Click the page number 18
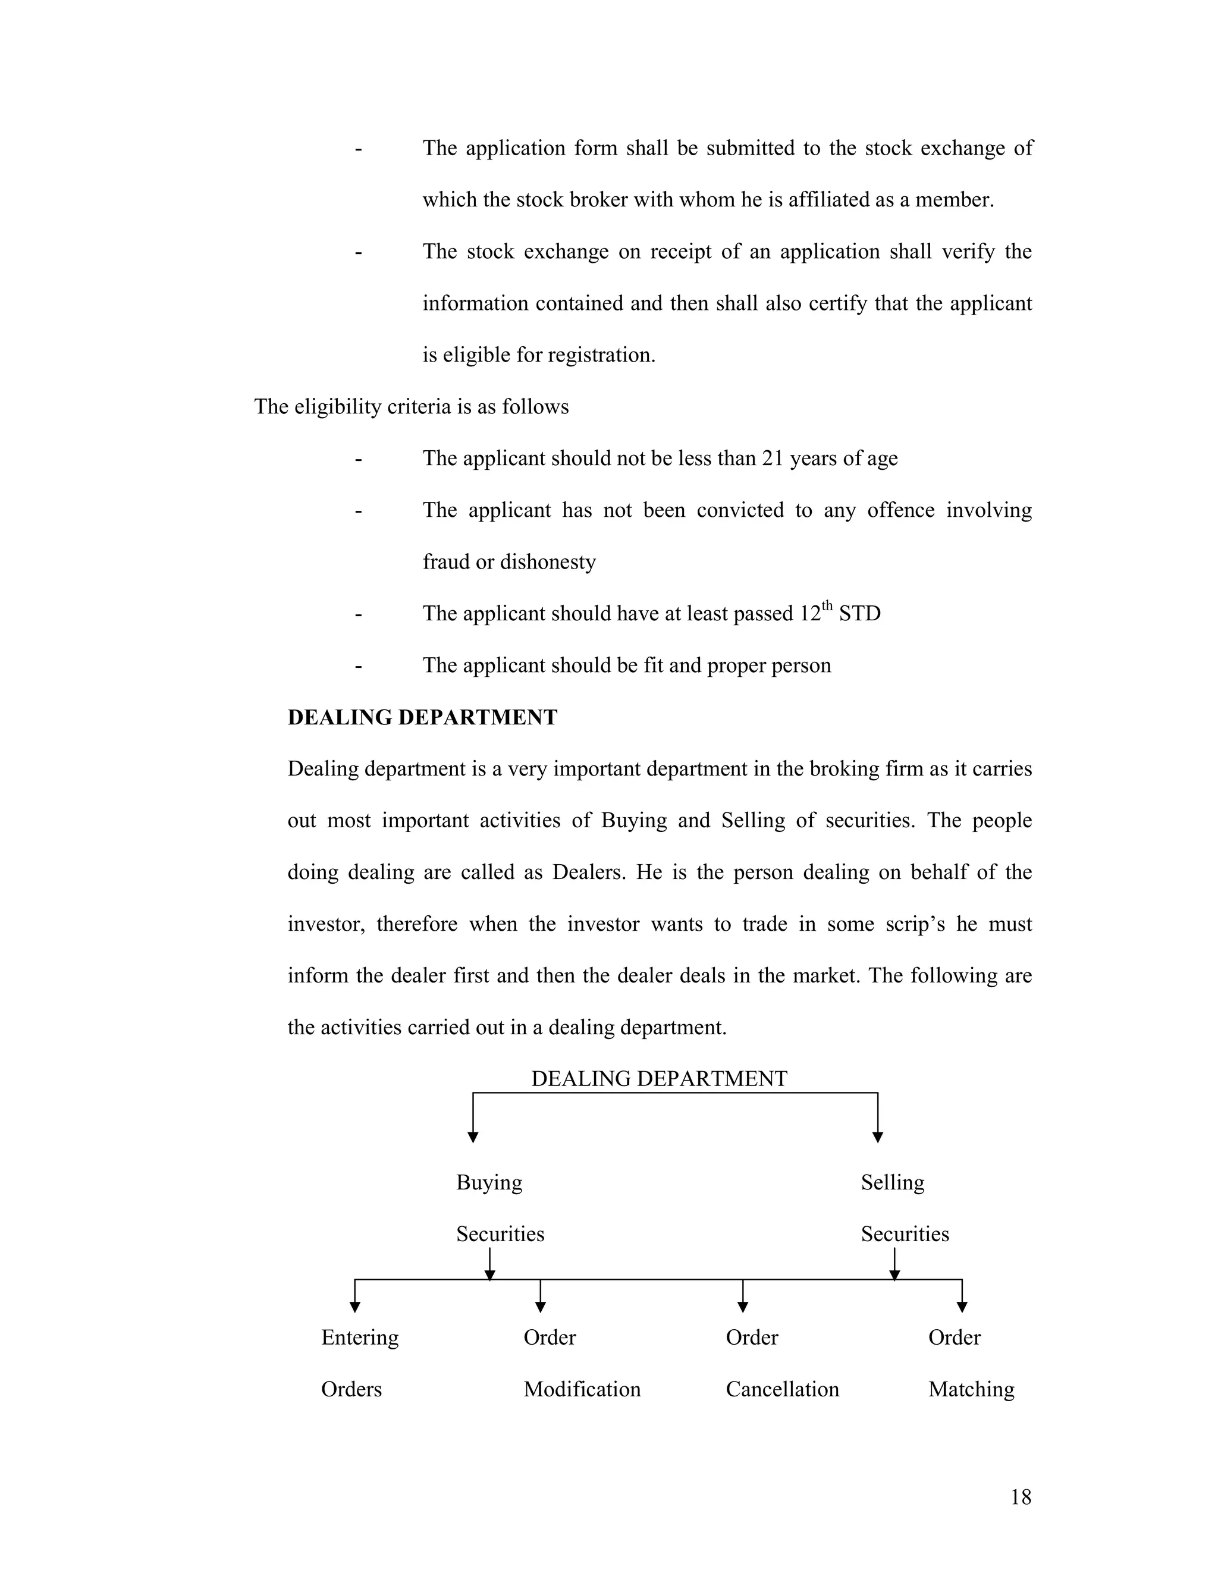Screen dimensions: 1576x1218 click(1021, 1498)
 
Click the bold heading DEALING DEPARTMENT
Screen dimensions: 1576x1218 click(422, 717)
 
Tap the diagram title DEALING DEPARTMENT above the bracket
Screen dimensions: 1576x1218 click(659, 1079)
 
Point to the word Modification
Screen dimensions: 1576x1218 click(582, 1390)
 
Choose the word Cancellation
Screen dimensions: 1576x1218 click(782, 1390)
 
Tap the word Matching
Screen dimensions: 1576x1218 click(971, 1390)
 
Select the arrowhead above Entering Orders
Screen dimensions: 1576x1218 click(354, 1307)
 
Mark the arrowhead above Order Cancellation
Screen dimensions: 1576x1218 click(742, 1307)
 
